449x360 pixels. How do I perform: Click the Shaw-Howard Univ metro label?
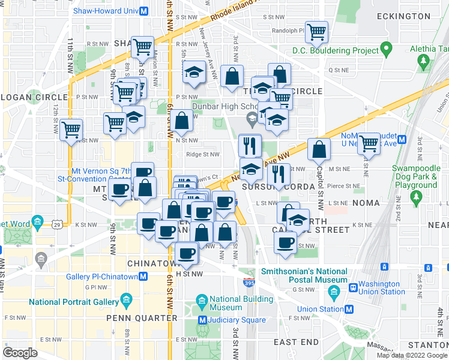click(106, 11)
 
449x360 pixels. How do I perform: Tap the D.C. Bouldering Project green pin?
click(387, 50)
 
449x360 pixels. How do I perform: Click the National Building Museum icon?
click(202, 299)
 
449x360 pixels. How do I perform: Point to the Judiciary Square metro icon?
click(203, 320)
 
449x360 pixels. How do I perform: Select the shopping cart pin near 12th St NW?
click(71, 128)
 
